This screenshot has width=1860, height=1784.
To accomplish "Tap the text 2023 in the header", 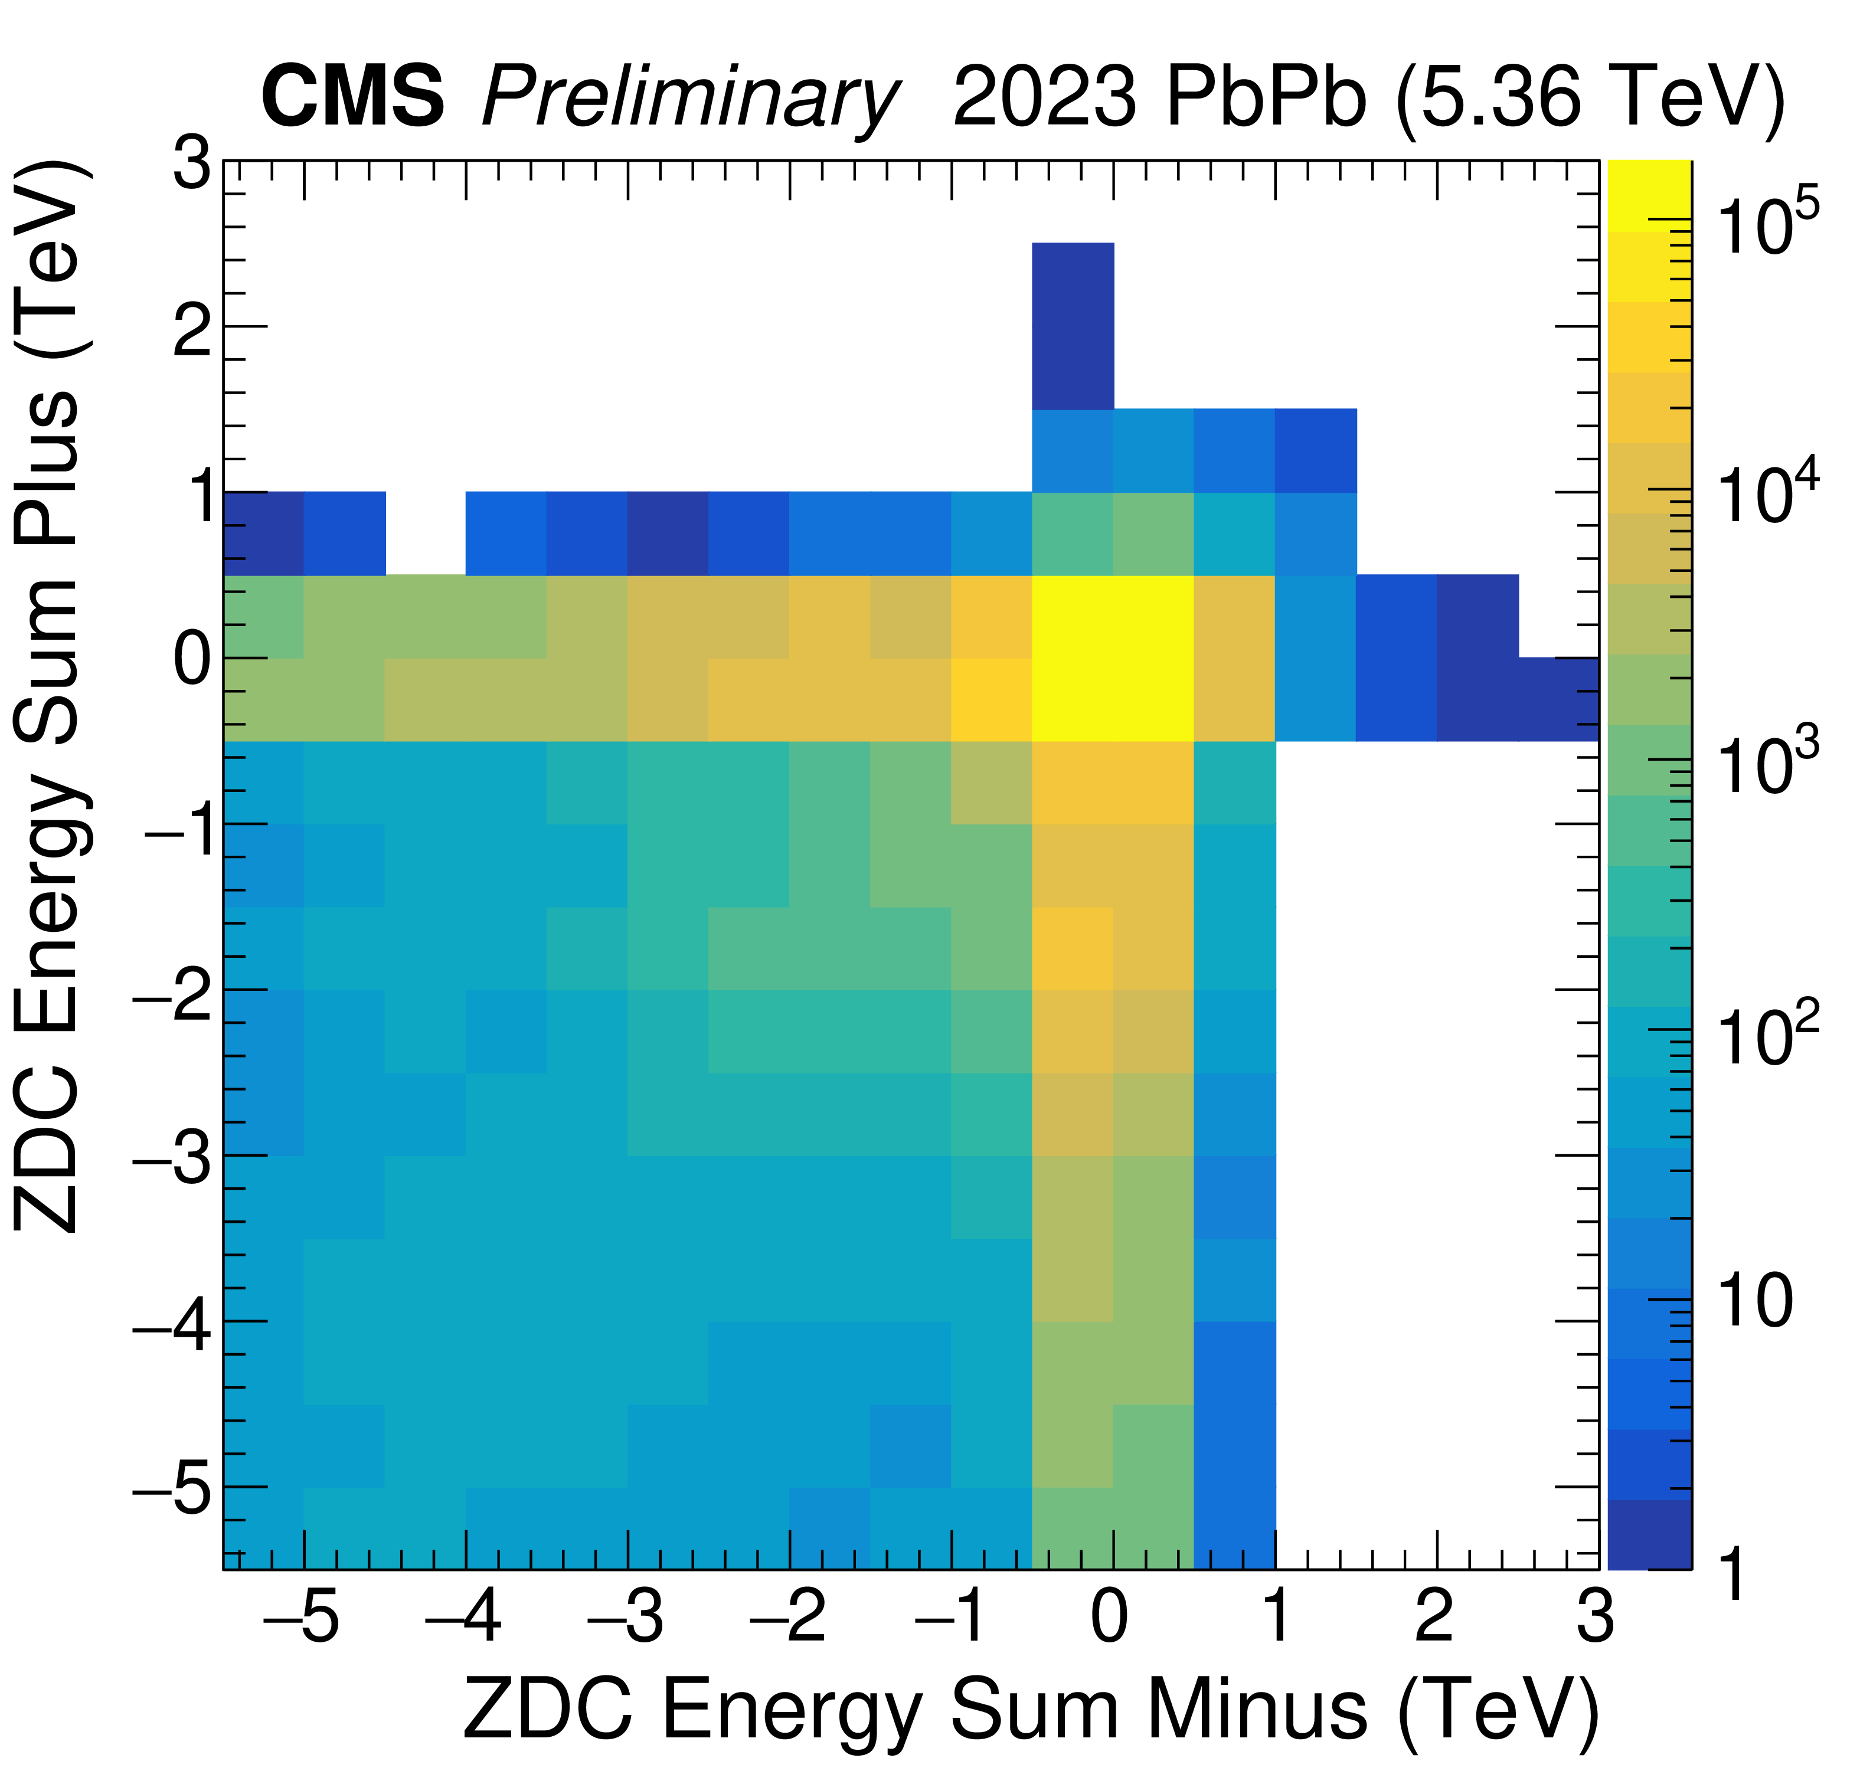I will point(1043,98).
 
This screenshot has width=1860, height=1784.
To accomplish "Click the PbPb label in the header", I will point(1266,98).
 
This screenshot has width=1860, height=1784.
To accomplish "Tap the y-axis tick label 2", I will point(192,328).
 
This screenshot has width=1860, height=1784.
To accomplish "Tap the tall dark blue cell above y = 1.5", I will point(1073,326).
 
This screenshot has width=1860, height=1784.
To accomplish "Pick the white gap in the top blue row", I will point(425,533).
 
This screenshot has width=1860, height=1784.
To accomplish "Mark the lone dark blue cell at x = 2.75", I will point(1558,699).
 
